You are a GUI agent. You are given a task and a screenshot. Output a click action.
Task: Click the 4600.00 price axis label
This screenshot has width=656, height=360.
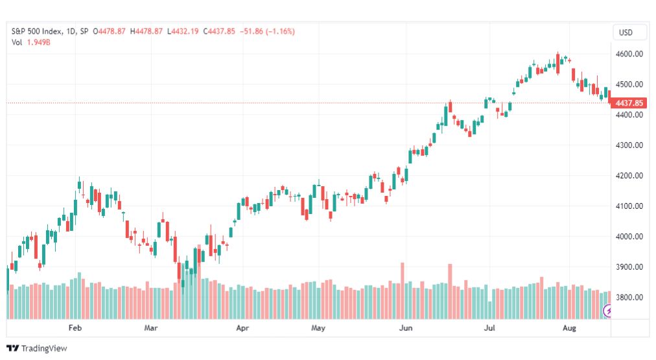pos(629,54)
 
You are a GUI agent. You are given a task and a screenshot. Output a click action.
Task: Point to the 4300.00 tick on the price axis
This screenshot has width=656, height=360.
pos(629,145)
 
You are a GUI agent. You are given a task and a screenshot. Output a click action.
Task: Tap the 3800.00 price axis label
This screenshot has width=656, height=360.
pos(629,298)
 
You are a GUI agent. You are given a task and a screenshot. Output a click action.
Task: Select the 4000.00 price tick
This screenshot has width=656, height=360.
pos(629,237)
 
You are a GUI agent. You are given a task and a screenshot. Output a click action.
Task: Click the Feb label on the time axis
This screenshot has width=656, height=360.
pos(75,328)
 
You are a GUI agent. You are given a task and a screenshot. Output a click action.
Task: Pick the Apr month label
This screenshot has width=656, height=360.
pos(242,328)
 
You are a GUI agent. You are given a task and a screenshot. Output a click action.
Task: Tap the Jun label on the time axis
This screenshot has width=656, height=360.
pos(405,328)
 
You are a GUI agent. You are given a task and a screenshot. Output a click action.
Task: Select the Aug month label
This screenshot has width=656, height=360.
pos(569,328)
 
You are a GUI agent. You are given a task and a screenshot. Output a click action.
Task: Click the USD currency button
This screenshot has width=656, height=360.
pos(626,32)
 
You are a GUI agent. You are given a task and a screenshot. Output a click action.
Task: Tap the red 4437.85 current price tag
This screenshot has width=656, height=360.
pos(628,103)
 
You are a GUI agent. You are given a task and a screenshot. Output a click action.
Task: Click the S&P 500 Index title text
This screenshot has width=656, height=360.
pos(37,31)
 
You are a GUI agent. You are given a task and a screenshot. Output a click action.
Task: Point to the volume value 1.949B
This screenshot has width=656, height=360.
pos(38,42)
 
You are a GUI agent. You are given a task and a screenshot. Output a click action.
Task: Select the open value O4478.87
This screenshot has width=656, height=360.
pos(109,31)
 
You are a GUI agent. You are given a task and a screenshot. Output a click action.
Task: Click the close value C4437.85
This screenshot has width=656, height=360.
pos(219,31)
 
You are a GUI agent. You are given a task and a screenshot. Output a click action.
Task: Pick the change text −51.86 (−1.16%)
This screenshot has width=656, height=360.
pos(267,31)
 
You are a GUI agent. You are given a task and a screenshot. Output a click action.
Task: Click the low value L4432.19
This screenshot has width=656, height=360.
pos(183,31)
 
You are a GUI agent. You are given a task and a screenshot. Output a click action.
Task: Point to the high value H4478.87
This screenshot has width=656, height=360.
pos(146,31)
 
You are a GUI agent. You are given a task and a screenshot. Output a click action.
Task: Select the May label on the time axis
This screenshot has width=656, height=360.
pos(318,328)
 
